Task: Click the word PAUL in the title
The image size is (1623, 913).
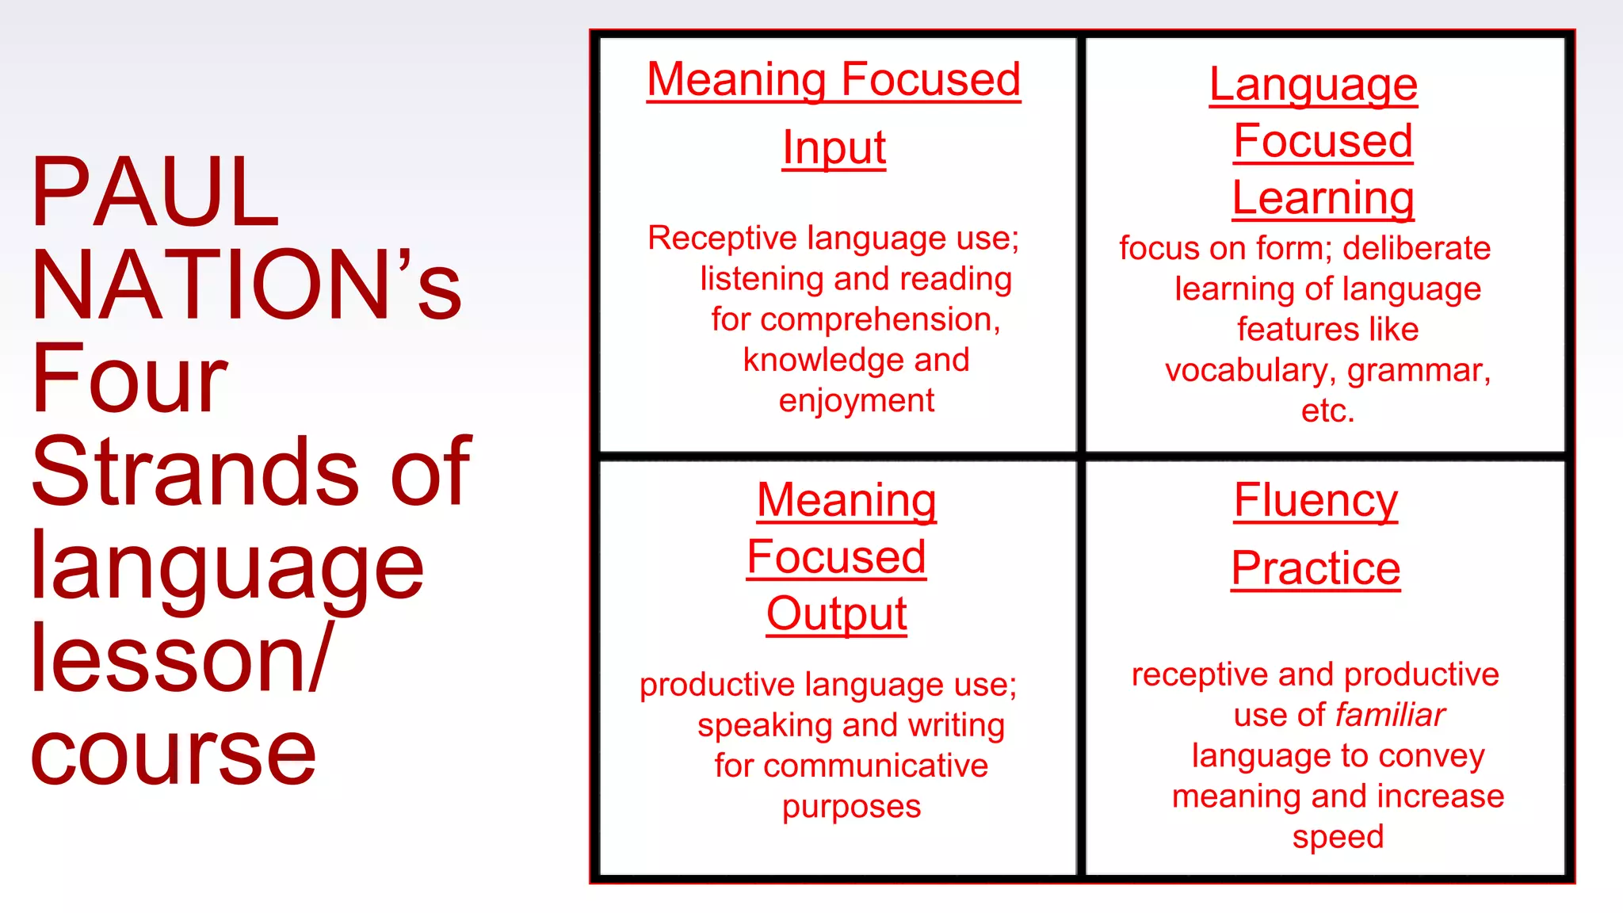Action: (155, 192)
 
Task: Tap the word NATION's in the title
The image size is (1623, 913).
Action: (246, 285)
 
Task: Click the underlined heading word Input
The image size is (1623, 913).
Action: (834, 147)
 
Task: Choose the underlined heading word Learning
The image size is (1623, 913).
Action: (1323, 198)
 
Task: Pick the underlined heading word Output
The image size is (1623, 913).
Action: (836, 613)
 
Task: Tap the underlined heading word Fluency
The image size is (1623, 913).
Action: (1316, 501)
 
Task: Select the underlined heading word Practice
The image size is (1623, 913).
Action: (1316, 568)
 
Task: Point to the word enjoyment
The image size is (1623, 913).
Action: (856, 401)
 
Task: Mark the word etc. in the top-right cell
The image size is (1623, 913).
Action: (1327, 411)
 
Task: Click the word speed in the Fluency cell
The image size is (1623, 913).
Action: (1338, 837)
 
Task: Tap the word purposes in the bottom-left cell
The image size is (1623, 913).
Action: (851, 807)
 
